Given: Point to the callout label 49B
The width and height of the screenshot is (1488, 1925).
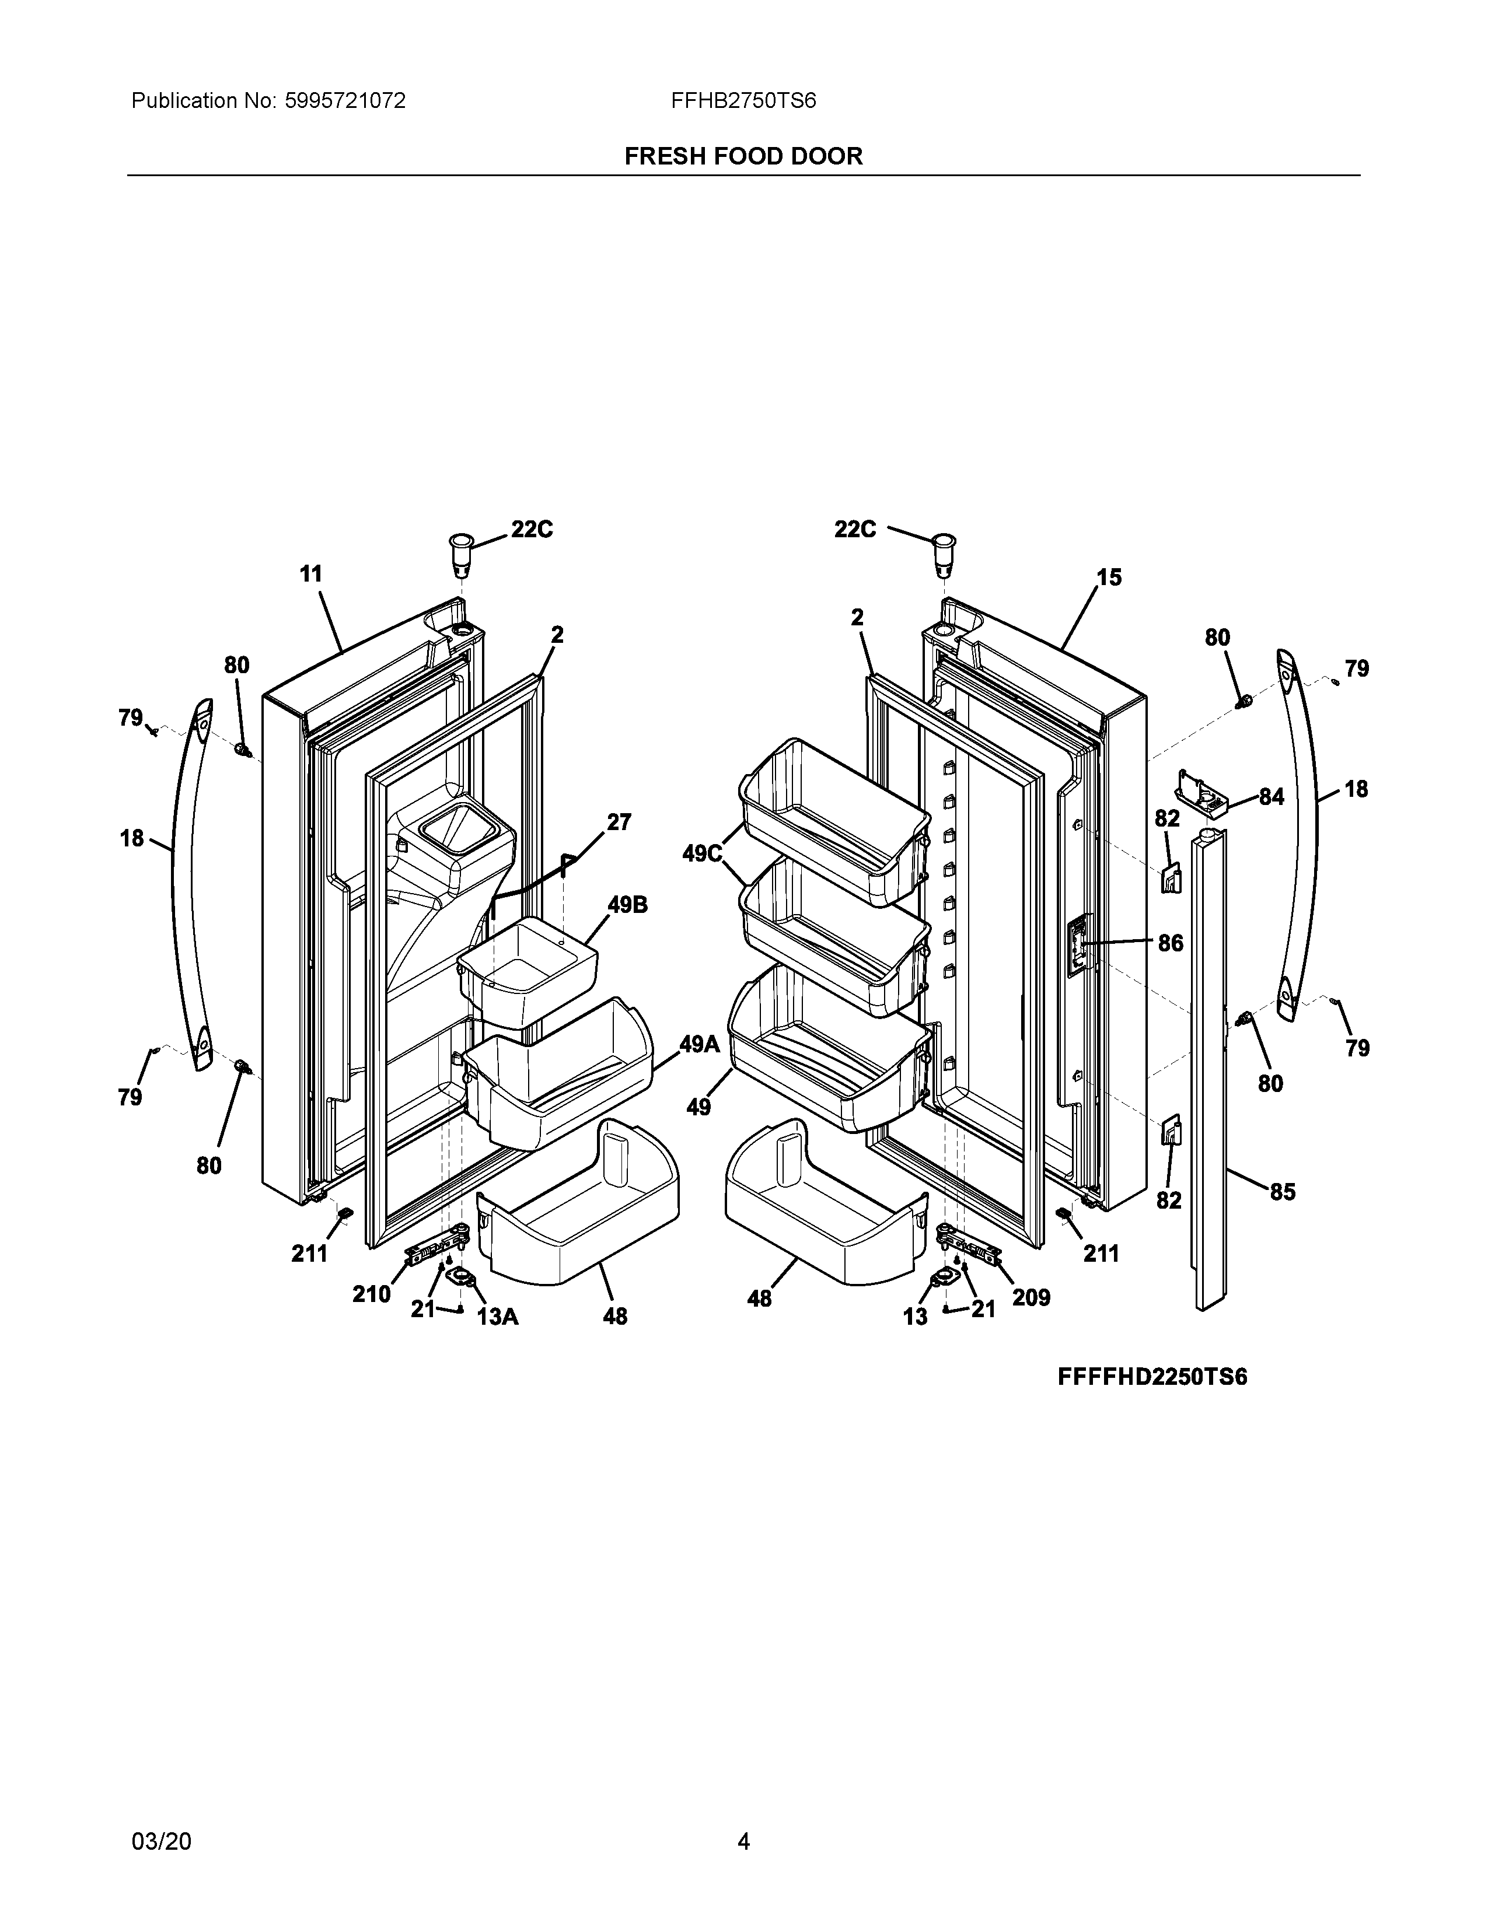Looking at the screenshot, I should pyautogui.click(x=627, y=905).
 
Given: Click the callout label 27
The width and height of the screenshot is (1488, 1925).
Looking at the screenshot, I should pyautogui.click(x=619, y=822).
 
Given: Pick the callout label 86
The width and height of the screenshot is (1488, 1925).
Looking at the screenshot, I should pyautogui.click(x=1170, y=943).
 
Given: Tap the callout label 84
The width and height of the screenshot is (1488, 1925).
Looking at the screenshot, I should pyautogui.click(x=1270, y=797).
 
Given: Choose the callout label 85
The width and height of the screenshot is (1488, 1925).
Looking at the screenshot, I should pyautogui.click(x=1282, y=1192).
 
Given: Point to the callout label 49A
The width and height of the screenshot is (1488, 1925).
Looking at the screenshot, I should pyautogui.click(x=699, y=1045).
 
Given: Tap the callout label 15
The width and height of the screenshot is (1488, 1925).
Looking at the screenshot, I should pyautogui.click(x=1109, y=577).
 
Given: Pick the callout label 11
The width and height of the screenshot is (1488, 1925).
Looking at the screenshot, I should pyautogui.click(x=311, y=575).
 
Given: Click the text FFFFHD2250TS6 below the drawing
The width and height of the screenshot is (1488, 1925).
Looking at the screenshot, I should pyautogui.click(x=1152, y=1378).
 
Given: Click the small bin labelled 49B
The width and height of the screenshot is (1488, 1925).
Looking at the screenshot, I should pyautogui.click(x=527, y=970).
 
